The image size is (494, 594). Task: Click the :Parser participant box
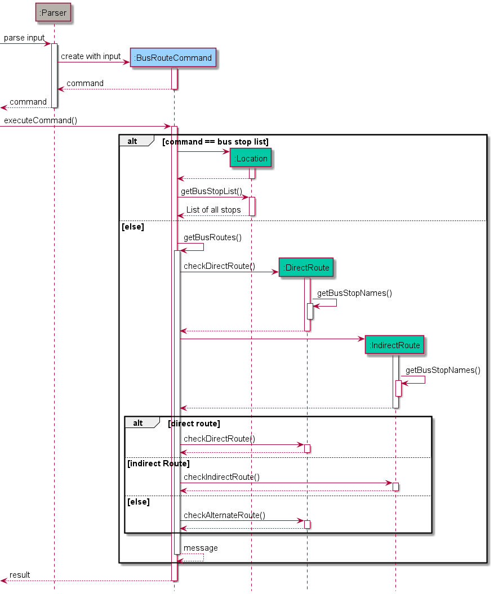tap(54, 13)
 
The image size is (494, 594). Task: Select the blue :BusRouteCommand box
tap(173, 58)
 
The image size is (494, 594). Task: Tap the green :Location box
tap(251, 159)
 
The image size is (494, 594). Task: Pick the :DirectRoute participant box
tap(306, 268)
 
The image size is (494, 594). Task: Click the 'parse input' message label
tap(24, 38)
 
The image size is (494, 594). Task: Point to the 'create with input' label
tap(91, 57)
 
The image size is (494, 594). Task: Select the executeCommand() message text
tap(41, 120)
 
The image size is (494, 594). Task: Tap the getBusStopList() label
tap(211, 192)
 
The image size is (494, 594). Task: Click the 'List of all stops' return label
tap(213, 210)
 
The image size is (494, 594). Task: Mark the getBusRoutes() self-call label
tap(212, 237)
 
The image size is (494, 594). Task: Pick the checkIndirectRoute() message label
tap(221, 477)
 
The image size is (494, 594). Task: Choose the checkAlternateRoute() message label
tap(224, 515)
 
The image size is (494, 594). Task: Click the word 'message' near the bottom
tap(201, 548)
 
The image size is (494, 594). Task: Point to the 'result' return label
tap(20, 575)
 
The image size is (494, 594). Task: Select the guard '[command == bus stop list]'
tap(215, 142)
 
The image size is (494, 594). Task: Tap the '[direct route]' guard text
tap(194, 423)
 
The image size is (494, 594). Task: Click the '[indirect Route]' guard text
tap(158, 463)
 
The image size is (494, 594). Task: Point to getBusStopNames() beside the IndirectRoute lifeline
tap(443, 370)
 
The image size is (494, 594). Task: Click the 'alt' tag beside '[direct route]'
tap(138, 423)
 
